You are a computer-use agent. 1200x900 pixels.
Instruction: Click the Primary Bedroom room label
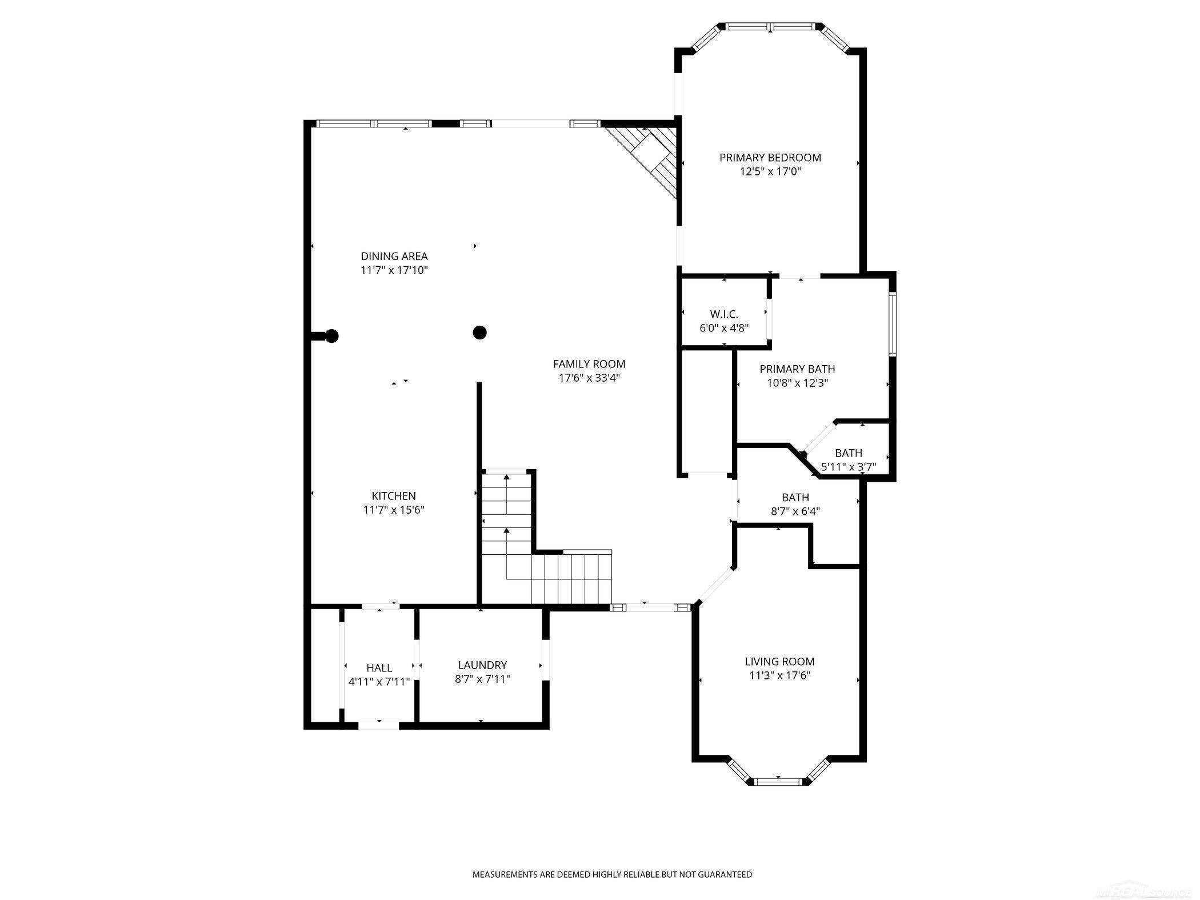pos(770,158)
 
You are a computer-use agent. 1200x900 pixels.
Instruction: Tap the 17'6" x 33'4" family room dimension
pos(589,378)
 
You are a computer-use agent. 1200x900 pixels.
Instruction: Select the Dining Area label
pos(394,257)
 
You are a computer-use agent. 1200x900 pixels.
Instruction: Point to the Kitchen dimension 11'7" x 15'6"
pos(394,510)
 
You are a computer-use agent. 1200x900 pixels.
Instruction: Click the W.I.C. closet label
pos(724,314)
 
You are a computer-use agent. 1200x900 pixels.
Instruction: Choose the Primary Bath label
pos(797,369)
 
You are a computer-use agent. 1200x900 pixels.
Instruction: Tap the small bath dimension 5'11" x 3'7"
pos(848,467)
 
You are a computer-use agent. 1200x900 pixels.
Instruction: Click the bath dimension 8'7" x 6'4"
pos(795,511)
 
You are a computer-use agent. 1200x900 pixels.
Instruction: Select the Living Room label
pos(779,661)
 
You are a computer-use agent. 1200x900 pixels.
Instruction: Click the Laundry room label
pos(482,665)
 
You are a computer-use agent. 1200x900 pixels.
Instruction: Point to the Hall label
pos(379,667)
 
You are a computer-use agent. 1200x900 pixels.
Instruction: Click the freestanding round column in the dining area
pos(479,332)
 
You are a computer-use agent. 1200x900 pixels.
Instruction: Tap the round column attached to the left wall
pos(331,336)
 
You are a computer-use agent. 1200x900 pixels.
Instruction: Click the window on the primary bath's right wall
pos(892,324)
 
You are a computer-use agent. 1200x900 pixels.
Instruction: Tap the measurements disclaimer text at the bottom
pos(611,874)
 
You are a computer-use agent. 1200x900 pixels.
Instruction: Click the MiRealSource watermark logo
pos(1149,892)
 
